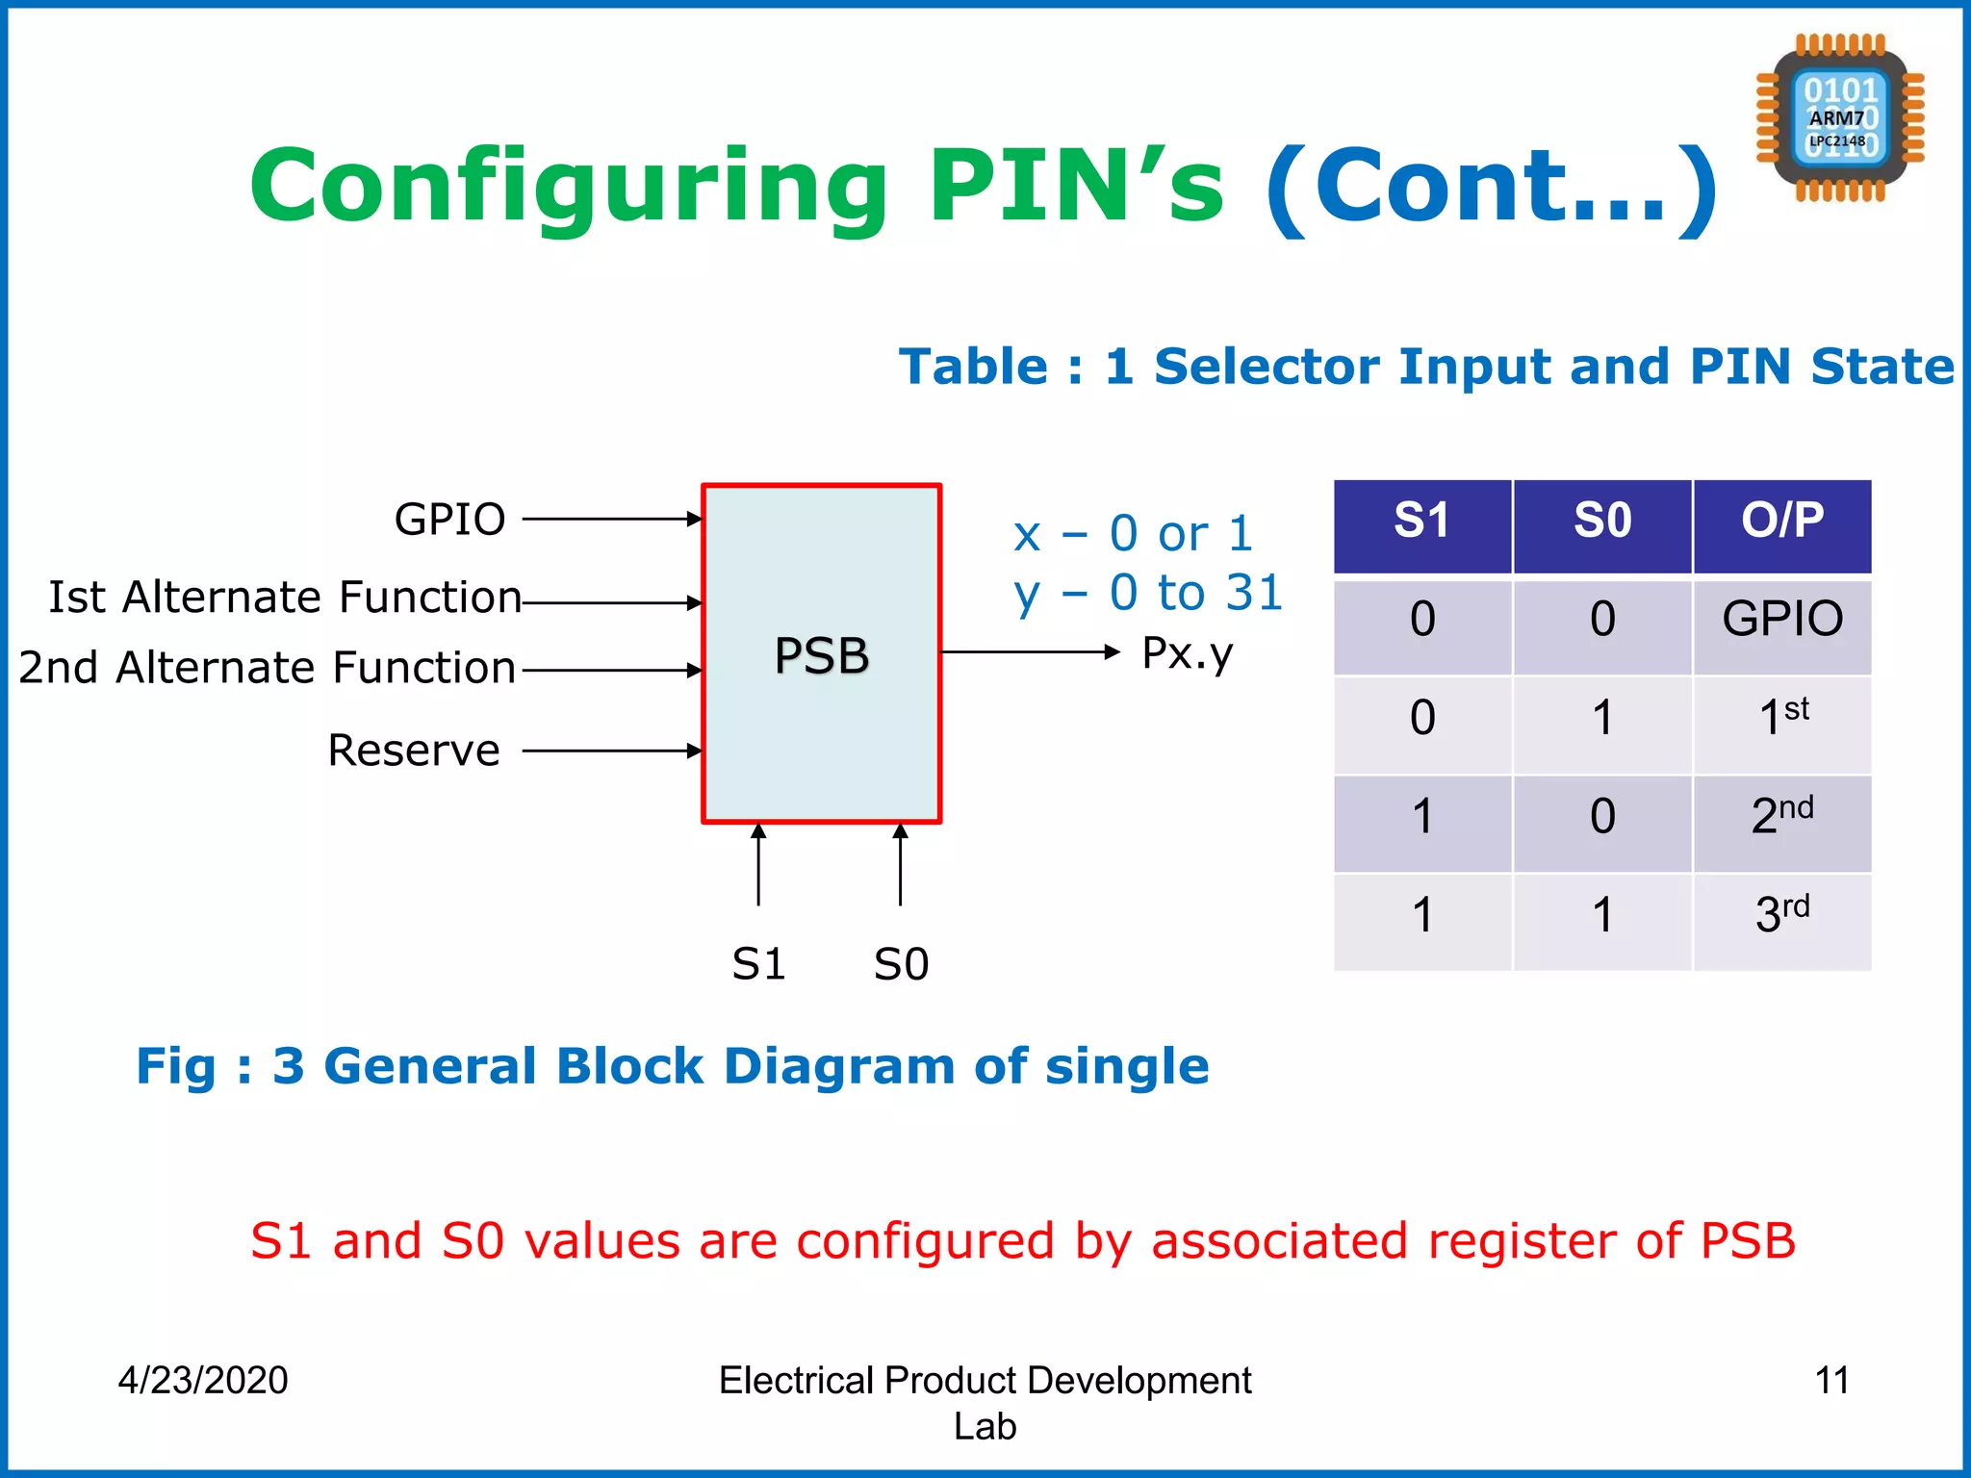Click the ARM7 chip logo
pos(1839,118)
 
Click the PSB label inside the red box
pos(821,655)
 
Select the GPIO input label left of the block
pos(449,520)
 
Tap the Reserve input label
pos(414,751)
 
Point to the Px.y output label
pos(1187,654)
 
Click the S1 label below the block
pos(758,963)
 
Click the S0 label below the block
pos(901,963)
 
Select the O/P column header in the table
pos(1781,522)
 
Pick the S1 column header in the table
pos(1421,522)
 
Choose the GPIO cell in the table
pos(1781,619)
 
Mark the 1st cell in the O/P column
pos(1781,718)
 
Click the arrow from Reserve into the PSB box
pos(611,751)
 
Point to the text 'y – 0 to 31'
pos(1148,593)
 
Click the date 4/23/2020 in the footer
pos(203,1380)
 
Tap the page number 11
pos(1831,1380)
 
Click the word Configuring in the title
pos(568,186)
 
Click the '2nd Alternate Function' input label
pos(268,668)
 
